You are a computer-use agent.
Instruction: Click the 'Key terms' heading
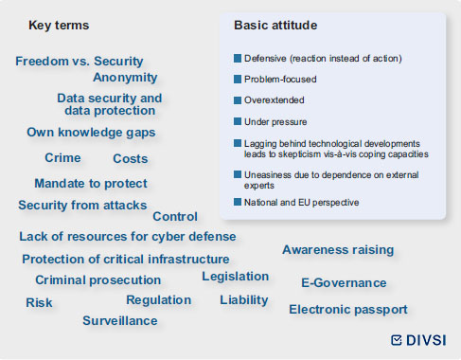pos(59,26)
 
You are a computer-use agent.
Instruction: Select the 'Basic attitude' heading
pos(275,26)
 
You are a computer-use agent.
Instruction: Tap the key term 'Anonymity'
pos(125,78)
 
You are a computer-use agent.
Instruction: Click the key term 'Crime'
pos(62,157)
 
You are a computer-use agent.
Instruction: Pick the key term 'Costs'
pos(131,158)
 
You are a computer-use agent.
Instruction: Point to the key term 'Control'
pos(175,217)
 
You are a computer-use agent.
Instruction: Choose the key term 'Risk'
pos(39,302)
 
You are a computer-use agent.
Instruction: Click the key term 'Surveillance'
pos(120,321)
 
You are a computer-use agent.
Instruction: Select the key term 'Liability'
pos(244,300)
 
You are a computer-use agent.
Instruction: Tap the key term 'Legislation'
pos(236,277)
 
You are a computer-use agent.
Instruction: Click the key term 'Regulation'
pos(159,300)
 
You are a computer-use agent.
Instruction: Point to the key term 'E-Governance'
pos(344,282)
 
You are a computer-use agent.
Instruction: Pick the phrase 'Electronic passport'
pos(348,310)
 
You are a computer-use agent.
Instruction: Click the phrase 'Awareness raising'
pos(338,250)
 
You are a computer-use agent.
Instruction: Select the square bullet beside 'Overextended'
pos(238,100)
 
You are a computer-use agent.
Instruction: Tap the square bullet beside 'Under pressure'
pos(238,121)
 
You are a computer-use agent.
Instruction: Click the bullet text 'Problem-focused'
pos(280,80)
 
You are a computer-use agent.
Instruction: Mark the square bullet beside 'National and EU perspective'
pos(238,202)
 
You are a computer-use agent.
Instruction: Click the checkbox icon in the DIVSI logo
pos(397,340)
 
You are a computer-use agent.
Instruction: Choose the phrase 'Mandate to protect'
pos(91,184)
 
